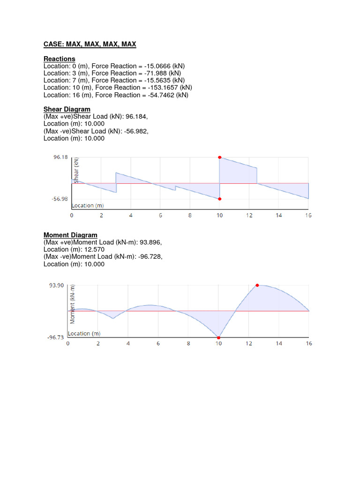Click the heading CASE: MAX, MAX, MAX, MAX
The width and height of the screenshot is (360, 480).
tap(90, 45)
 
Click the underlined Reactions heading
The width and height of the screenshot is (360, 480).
tap(59, 59)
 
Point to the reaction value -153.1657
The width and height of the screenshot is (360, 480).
tap(168, 88)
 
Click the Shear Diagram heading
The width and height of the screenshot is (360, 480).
tap(67, 109)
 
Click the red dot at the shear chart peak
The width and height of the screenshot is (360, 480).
tap(220, 157)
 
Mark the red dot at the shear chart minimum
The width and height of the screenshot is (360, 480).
tap(220, 199)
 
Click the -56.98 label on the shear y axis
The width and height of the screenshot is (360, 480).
tap(60, 199)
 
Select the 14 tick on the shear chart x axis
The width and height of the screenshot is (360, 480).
tap(279, 215)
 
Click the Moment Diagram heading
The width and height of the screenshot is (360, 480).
tap(70, 235)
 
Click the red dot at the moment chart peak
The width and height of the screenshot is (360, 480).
tap(257, 285)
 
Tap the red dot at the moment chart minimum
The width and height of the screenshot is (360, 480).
tap(218, 337)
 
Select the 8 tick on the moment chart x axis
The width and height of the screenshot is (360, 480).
tap(188, 344)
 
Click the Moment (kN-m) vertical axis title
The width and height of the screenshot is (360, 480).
tap(73, 305)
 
